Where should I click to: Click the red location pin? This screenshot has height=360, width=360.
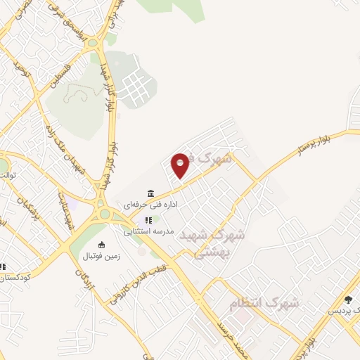[x=181, y=165]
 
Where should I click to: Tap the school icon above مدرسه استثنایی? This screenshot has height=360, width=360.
[x=148, y=220]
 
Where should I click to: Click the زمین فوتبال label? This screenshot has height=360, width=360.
[x=102, y=256]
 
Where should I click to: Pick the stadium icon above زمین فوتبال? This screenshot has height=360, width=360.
[x=102, y=245]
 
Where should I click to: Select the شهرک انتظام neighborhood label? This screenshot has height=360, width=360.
[x=264, y=304]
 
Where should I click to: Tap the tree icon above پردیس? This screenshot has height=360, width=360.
[x=348, y=300]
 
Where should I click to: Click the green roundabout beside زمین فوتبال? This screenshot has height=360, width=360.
[x=105, y=214]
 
